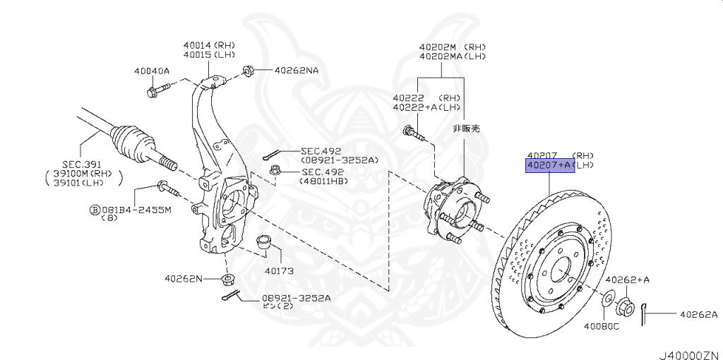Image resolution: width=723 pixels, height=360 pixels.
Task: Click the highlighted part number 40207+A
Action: [x=549, y=165]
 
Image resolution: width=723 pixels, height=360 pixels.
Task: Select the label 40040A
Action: [x=151, y=71]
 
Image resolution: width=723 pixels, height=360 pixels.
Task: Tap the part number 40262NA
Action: [x=296, y=71]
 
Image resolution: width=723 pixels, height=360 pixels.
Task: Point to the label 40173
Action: [x=279, y=270]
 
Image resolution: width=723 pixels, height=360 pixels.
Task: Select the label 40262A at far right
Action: [x=698, y=314]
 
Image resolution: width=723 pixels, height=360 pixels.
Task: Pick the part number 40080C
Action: [x=601, y=326]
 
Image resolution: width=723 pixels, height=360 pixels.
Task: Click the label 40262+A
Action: [x=627, y=280]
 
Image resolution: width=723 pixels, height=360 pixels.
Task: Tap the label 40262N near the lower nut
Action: [x=183, y=279]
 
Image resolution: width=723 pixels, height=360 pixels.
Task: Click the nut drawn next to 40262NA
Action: [x=249, y=71]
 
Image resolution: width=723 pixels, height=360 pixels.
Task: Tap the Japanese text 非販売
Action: [x=465, y=129]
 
